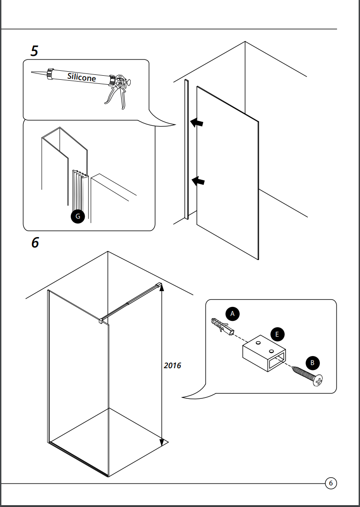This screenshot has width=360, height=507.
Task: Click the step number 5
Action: click(x=34, y=51)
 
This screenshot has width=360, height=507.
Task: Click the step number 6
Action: click(x=35, y=242)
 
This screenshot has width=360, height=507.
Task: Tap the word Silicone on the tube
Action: click(x=82, y=77)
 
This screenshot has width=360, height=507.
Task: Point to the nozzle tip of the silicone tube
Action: click(x=32, y=72)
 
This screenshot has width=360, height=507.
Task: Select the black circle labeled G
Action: click(x=77, y=217)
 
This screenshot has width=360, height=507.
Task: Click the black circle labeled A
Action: click(x=232, y=314)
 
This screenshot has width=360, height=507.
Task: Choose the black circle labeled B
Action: click(x=312, y=363)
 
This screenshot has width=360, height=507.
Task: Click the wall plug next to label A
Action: click(x=222, y=327)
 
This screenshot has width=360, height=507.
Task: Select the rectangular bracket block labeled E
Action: click(x=264, y=353)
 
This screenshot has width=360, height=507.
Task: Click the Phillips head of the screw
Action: click(x=318, y=381)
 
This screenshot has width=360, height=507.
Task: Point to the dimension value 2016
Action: click(x=172, y=365)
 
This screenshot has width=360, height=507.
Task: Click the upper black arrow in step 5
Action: click(x=197, y=123)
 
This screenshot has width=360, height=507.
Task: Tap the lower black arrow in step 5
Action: click(x=198, y=181)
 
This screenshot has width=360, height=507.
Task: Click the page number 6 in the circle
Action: click(x=331, y=484)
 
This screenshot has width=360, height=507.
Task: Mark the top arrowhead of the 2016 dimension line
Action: click(x=162, y=287)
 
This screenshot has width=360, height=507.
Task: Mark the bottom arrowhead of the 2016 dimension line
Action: click(x=162, y=443)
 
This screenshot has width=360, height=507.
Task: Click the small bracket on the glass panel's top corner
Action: click(x=101, y=321)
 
